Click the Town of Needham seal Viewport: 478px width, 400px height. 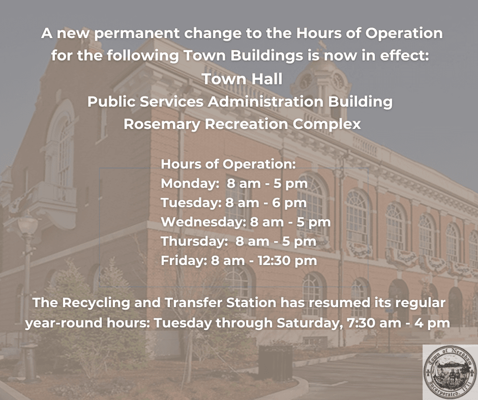pos(450,372)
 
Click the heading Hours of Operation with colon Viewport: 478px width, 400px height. pos(228,164)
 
